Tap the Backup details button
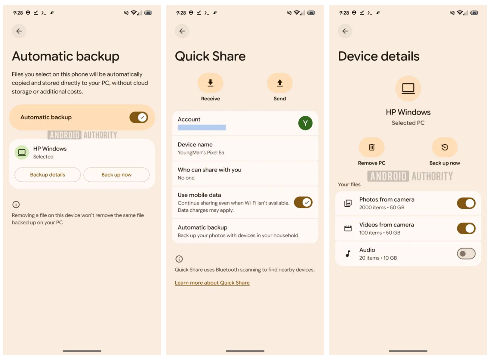[47, 175]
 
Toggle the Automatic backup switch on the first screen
[138, 117]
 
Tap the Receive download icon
[211, 83]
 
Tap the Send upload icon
[280, 83]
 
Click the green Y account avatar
[305, 123]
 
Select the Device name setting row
[245, 148]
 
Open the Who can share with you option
[245, 174]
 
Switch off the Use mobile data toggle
[303, 202]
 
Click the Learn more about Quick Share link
[212, 283]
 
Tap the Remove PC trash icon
[371, 147]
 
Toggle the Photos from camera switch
[466, 203]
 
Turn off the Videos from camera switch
[466, 229]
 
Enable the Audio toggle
[466, 254]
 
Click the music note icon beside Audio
[348, 254]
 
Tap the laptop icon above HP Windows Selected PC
[408, 88]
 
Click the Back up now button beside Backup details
[116, 175]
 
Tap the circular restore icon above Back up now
[445, 147]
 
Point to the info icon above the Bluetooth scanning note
[179, 259]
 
